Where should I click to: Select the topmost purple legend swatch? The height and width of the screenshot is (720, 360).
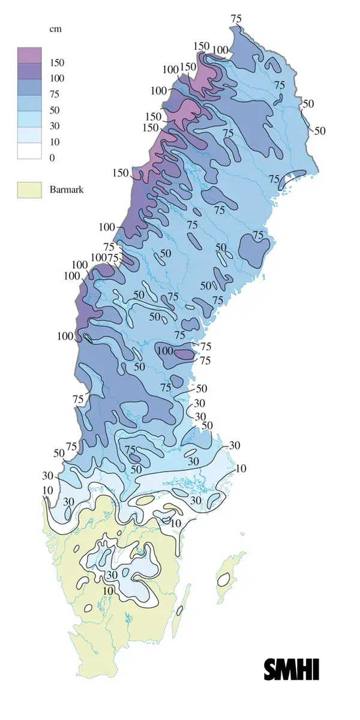pyautogui.click(x=29, y=55)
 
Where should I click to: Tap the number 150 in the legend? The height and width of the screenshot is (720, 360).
pyautogui.click(x=58, y=63)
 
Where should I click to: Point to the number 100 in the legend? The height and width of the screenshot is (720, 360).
pyautogui.click(x=58, y=79)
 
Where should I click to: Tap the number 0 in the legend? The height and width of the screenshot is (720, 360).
pyautogui.click(x=53, y=158)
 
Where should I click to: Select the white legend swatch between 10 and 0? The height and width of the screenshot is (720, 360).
pyautogui.click(x=29, y=150)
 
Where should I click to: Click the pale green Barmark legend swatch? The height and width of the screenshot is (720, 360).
pyautogui.click(x=29, y=190)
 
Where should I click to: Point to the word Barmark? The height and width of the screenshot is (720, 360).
pyautogui.click(x=67, y=190)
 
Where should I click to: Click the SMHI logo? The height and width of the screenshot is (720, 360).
pyautogui.click(x=291, y=669)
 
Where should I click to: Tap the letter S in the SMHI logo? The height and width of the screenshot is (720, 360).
pyautogui.click(x=271, y=669)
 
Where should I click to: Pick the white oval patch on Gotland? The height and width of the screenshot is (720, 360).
pyautogui.click(x=224, y=580)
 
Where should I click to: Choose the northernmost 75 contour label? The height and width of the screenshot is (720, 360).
pyautogui.click(x=236, y=18)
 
